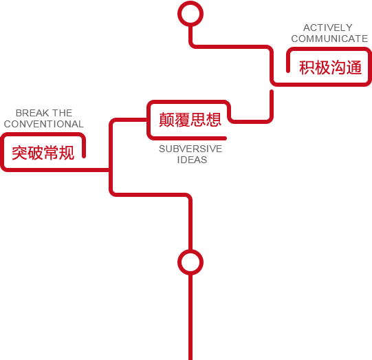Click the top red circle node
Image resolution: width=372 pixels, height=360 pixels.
[x=190, y=3]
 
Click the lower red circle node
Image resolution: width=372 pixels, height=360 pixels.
[x=190, y=251]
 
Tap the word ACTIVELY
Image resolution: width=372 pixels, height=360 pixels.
[x=328, y=28]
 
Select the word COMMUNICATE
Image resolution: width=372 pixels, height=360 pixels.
[x=329, y=39]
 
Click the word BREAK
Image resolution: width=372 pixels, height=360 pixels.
[x=31, y=113]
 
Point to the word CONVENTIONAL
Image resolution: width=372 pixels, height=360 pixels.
[x=43, y=124]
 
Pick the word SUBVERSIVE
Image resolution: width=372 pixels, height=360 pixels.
[x=190, y=149]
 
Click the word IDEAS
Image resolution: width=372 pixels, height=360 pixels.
[x=192, y=160]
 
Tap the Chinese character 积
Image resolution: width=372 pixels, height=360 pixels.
[x=307, y=67]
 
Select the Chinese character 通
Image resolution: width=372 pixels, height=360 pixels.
[x=354, y=67]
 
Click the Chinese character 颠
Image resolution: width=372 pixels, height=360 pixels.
[x=167, y=120]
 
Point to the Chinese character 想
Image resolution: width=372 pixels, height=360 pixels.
[x=214, y=120]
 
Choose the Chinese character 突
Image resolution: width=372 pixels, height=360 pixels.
[x=20, y=153]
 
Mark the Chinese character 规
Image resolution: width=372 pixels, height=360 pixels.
[x=67, y=153]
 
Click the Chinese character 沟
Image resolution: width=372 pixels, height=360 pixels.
[x=338, y=67]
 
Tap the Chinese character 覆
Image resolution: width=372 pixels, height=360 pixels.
[x=182, y=120]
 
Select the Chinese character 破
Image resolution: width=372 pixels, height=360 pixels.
[x=35, y=153]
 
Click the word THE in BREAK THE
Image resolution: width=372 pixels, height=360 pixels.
[x=63, y=113]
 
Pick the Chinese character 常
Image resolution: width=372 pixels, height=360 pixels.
[x=51, y=153]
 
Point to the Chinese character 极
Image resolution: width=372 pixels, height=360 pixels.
[x=322, y=67]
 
